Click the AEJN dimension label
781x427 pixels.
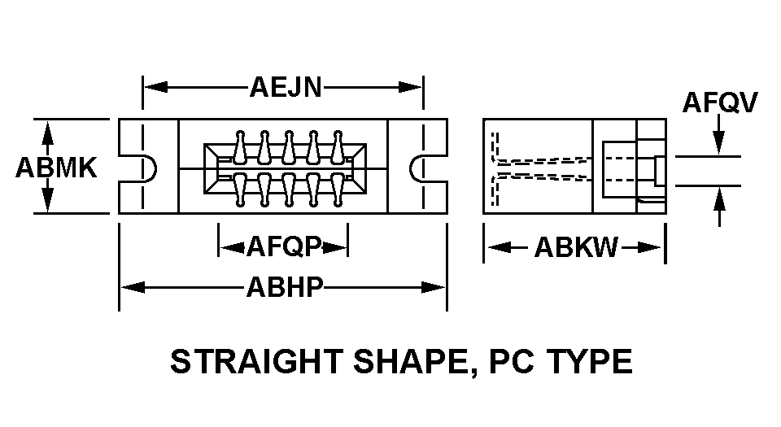coord(285,87)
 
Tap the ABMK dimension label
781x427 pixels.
coord(56,168)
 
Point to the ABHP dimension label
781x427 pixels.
coord(285,286)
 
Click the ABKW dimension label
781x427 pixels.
coord(575,246)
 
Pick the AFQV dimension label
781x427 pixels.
coord(720,102)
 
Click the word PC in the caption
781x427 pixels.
coord(513,362)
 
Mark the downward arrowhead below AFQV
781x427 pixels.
coord(719,143)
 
